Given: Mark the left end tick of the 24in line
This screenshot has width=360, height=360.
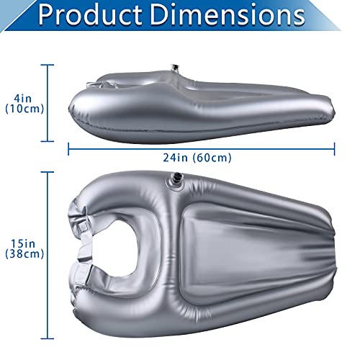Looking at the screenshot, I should click(68, 148).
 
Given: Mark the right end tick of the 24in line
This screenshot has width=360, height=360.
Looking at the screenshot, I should click(335, 148).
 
